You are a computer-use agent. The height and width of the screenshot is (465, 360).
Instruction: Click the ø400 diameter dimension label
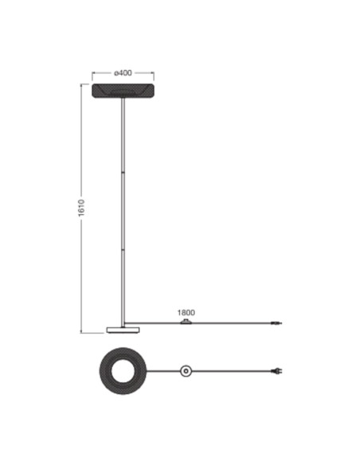[x=123, y=73]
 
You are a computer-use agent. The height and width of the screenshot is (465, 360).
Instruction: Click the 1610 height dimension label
[x=81, y=208]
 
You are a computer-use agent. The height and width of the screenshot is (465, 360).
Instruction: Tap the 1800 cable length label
[x=186, y=313]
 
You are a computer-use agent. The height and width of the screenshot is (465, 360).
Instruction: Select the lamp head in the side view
[x=123, y=91]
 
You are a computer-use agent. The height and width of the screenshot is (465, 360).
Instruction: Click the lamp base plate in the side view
[x=123, y=330]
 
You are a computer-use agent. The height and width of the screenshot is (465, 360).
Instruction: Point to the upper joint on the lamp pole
[x=123, y=172]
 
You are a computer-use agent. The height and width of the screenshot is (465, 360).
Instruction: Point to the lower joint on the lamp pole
[x=123, y=250]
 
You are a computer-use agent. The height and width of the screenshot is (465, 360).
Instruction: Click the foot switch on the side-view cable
[x=186, y=322]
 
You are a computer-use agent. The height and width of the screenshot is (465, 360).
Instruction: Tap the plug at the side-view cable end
[x=276, y=323]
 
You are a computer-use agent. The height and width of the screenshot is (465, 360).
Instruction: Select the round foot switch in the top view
[x=186, y=371]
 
